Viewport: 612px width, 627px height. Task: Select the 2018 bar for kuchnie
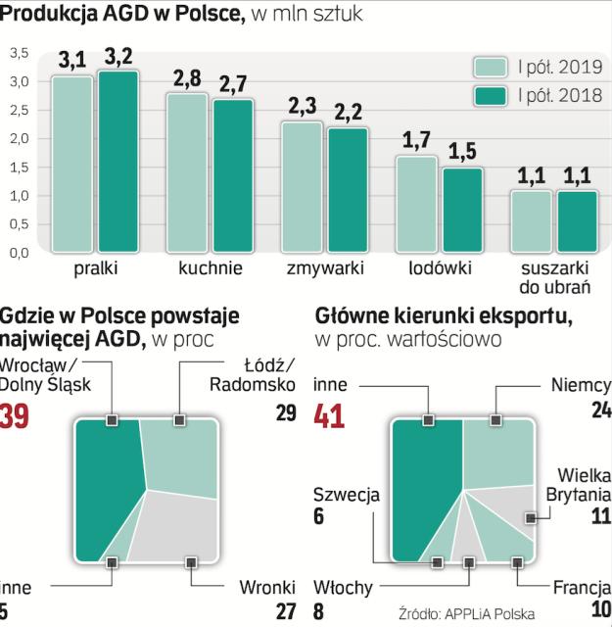tap(234, 175)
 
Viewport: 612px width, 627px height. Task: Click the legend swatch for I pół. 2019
tap(490, 68)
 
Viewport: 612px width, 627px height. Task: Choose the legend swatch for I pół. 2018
tap(490, 96)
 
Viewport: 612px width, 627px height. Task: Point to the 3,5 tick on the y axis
tap(19, 53)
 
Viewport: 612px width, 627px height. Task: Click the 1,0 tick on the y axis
tap(19, 196)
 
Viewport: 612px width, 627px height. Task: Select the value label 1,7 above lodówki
tap(416, 140)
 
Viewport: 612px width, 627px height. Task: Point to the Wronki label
tap(267, 588)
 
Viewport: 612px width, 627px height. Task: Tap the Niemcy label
tap(581, 385)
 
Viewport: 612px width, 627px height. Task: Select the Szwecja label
tap(346, 494)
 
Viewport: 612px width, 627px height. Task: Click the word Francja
tap(582, 588)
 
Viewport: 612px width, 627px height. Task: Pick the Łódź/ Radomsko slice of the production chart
tap(178, 456)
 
